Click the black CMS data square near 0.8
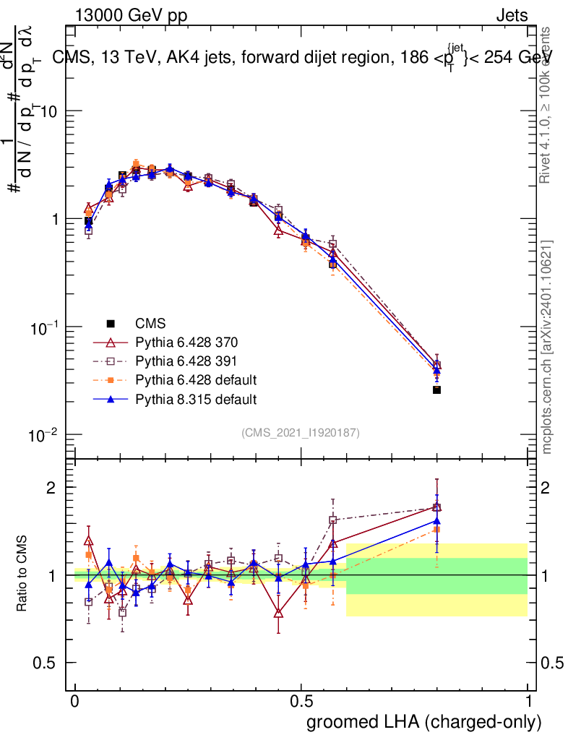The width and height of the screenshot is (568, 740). point(436,390)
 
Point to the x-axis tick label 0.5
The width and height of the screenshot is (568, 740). point(301,702)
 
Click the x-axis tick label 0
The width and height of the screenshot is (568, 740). point(75,702)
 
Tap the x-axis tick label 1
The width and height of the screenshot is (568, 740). point(528,702)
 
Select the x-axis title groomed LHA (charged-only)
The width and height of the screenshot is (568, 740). point(425,721)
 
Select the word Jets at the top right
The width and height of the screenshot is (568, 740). point(511,16)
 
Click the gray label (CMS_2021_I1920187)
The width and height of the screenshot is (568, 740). point(301,432)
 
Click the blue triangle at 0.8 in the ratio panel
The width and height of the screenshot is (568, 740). point(436,520)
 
